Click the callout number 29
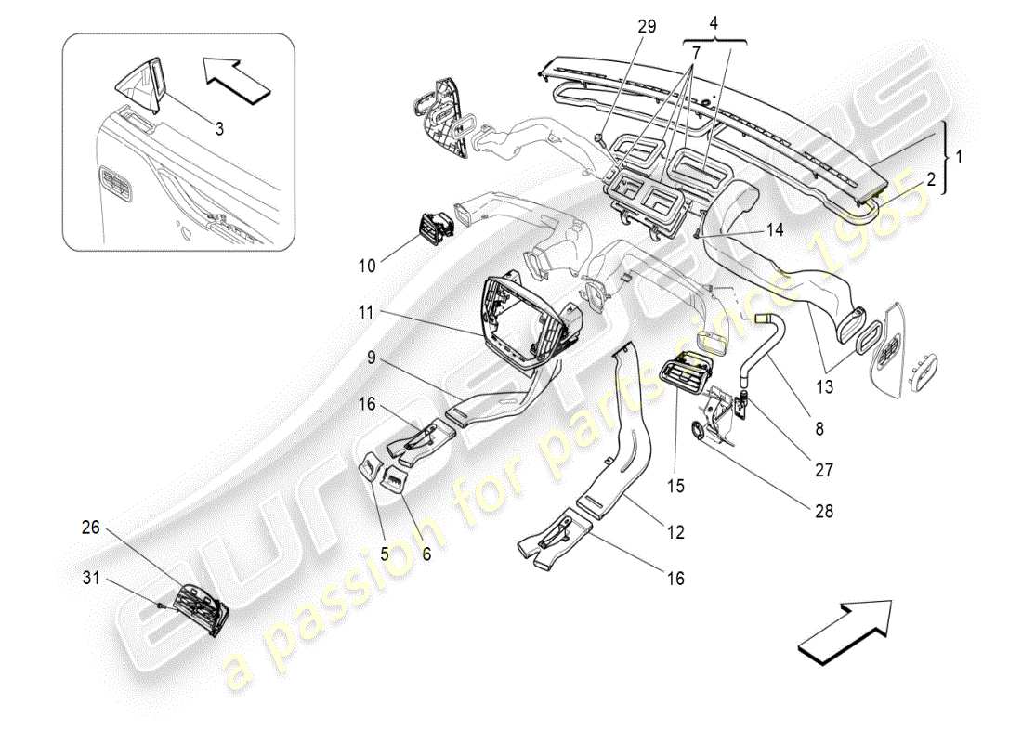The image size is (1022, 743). (647, 26)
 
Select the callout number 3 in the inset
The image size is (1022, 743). (219, 129)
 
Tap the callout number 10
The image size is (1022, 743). (367, 266)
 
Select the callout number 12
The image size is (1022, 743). (675, 532)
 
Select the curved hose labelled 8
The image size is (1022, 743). (767, 348)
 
